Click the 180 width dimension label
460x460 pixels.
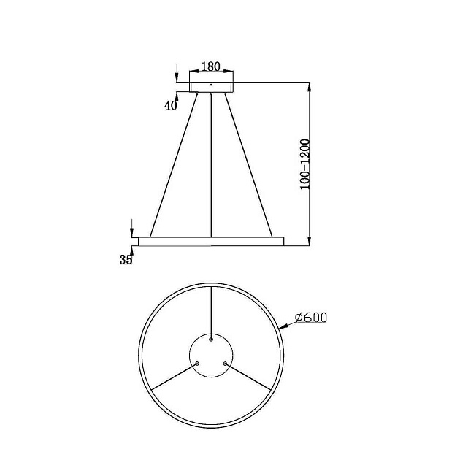pyautogui.click(x=210, y=66)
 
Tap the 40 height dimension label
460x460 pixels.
pyautogui.click(x=171, y=105)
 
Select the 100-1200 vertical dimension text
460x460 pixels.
pyautogui.click(x=305, y=164)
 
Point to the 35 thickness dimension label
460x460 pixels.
pyautogui.click(x=126, y=259)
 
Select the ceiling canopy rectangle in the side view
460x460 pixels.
pyautogui.click(x=211, y=86)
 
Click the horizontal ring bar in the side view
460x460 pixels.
pyautogui.click(x=210, y=241)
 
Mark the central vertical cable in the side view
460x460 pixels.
pyautogui.click(x=211, y=164)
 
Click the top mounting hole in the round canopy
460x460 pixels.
pyautogui.click(x=211, y=339)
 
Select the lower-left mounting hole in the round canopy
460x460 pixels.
pyautogui.click(x=198, y=363)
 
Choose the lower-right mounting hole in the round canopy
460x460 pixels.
pyautogui.click(x=225, y=363)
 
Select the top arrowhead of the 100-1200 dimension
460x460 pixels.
pyautogui.click(x=310, y=86)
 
